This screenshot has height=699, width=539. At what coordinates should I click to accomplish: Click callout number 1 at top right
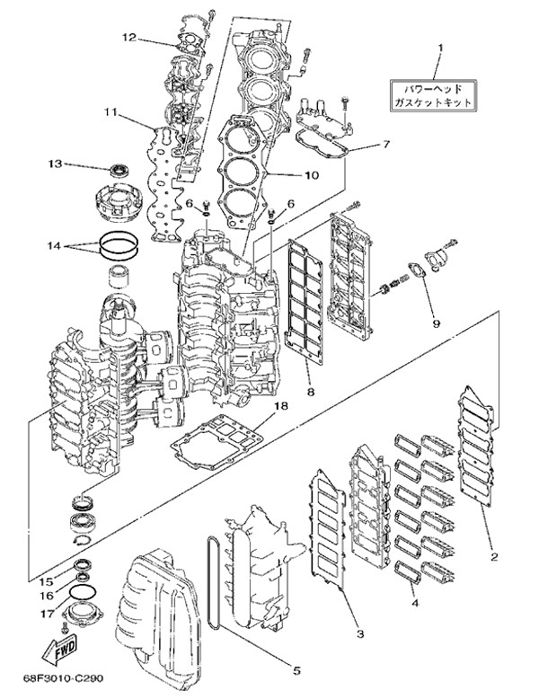click(441, 46)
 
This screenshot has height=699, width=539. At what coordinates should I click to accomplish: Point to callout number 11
click(110, 112)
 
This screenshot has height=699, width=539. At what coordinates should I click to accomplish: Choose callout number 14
click(54, 245)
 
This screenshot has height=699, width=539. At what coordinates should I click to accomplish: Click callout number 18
click(281, 406)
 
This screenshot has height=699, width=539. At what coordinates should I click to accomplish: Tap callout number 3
click(358, 634)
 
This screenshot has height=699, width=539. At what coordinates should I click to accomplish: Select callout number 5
click(296, 669)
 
